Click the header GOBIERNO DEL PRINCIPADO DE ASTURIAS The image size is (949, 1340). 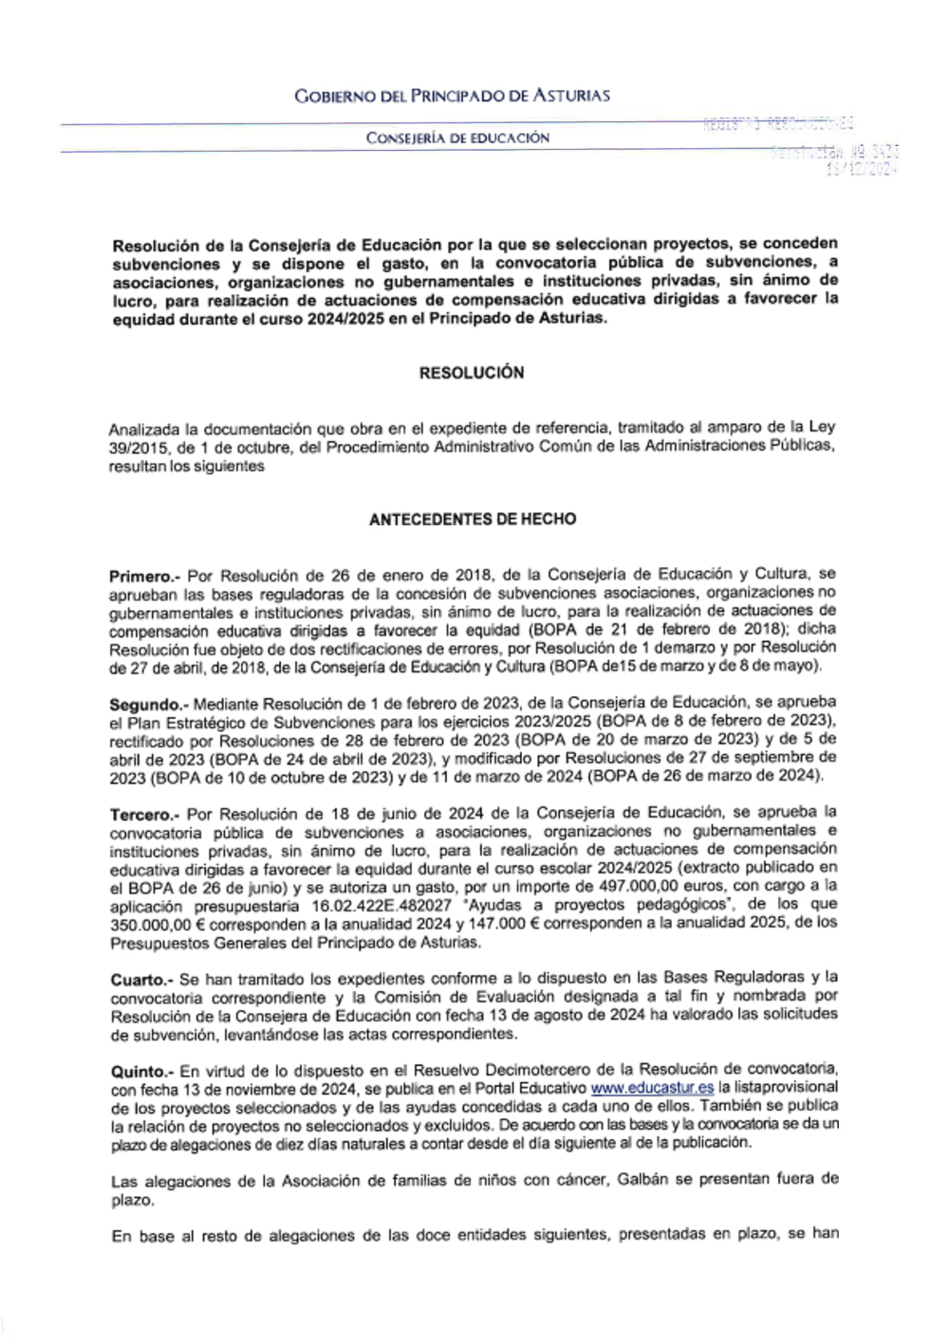[452, 95]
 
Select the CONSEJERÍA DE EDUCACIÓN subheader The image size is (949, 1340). [458, 138]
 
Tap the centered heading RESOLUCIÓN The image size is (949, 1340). [472, 373]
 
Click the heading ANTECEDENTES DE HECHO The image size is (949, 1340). [472, 519]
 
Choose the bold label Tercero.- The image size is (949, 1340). [144, 814]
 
